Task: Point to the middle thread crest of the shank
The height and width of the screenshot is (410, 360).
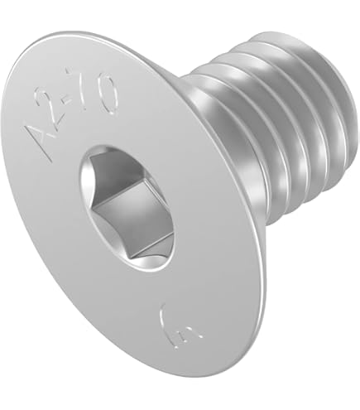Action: click(273, 124)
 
